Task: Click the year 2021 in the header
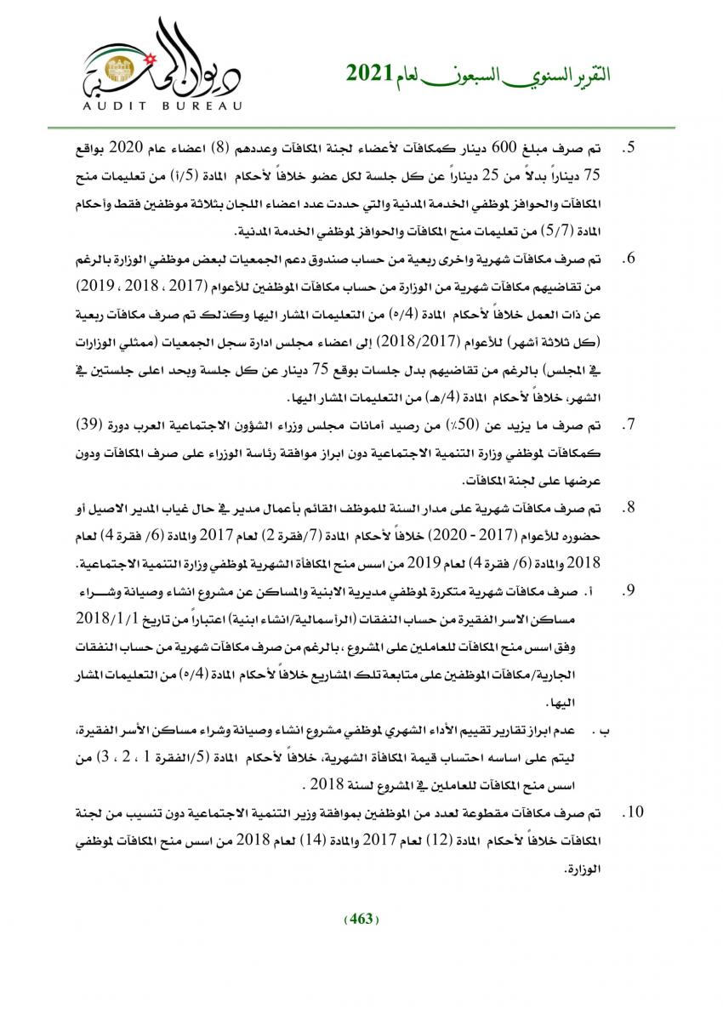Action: click(x=367, y=74)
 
